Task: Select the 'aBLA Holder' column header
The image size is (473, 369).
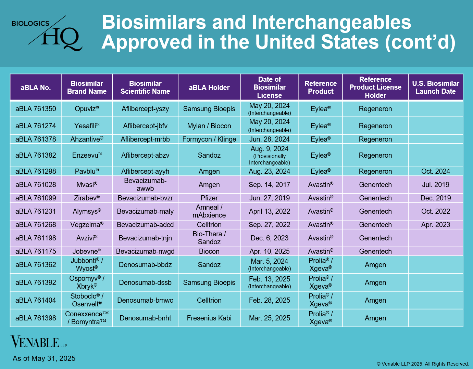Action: tap(209, 88)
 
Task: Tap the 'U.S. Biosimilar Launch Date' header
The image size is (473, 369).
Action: tap(435, 88)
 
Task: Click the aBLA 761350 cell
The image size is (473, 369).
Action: tap(36, 109)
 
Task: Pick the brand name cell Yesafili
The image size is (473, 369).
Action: tap(87, 126)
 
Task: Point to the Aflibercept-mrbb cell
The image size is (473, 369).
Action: tap(145, 139)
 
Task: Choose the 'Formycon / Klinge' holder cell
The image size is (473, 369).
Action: tap(209, 139)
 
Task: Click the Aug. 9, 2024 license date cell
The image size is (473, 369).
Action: tap(269, 155)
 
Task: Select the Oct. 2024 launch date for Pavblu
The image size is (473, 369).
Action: tap(435, 171)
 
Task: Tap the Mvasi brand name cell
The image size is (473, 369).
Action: tap(87, 185)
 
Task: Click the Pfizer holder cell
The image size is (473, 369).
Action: tap(209, 198)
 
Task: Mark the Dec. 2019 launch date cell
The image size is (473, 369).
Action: tap(435, 198)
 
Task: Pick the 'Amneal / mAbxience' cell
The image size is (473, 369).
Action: tap(209, 211)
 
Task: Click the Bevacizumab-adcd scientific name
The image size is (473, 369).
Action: tap(145, 225)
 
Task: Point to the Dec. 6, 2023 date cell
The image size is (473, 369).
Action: tap(269, 238)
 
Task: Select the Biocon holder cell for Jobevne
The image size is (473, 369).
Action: tap(209, 251)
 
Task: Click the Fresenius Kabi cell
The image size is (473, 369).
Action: tap(209, 318)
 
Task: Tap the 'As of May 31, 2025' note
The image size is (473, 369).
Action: tap(44, 358)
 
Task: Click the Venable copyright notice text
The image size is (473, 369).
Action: tap(423, 364)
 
